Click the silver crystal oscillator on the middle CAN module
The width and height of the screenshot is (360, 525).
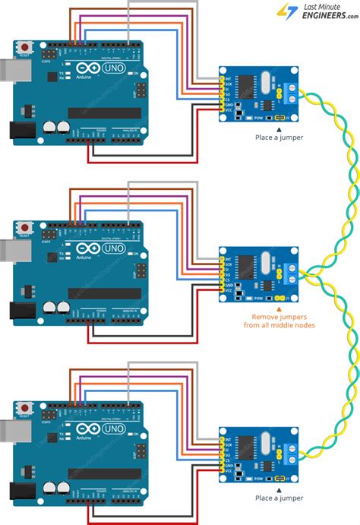[x=264, y=258]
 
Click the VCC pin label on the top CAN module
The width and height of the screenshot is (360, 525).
[x=227, y=110]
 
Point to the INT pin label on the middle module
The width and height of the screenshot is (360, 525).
[x=227, y=251]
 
